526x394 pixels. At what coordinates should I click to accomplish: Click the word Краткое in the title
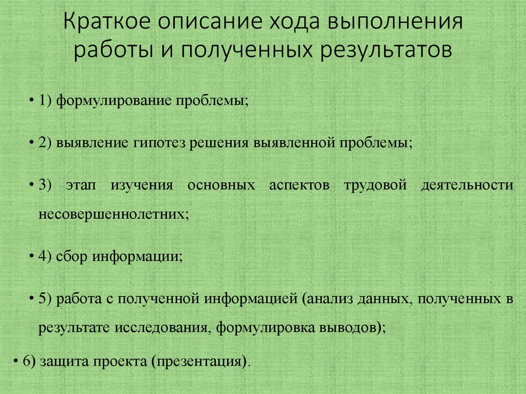[x=107, y=24]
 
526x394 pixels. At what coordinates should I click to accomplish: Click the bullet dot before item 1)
[x=32, y=100]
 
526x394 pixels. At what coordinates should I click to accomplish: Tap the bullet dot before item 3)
[x=32, y=185]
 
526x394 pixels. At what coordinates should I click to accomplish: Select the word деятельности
[x=466, y=185]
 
